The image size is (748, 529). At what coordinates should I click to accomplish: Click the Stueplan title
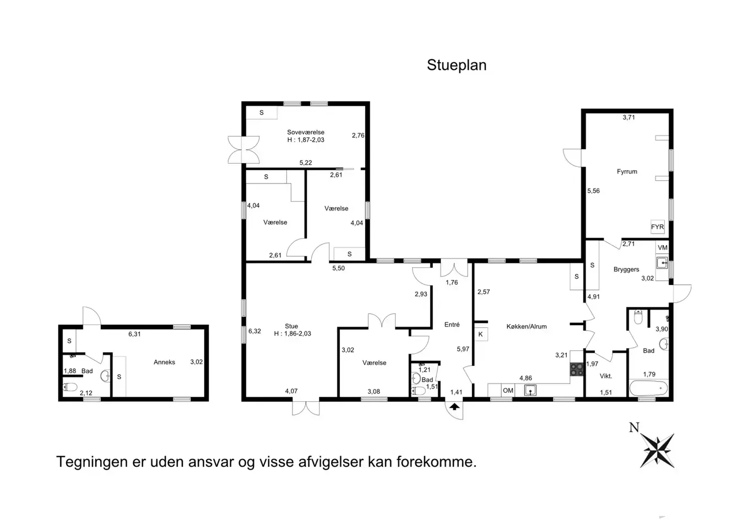pyautogui.click(x=457, y=65)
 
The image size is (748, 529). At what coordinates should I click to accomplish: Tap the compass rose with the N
pyautogui.click(x=657, y=449)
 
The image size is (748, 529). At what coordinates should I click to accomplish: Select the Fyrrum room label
pyautogui.click(x=627, y=171)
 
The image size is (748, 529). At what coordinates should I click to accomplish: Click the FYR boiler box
pyautogui.click(x=657, y=226)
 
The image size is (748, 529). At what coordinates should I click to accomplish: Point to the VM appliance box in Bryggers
pyautogui.click(x=662, y=248)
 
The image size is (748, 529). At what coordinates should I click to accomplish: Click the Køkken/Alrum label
pyautogui.click(x=526, y=326)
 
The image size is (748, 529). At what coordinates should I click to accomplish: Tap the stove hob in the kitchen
pyautogui.click(x=576, y=369)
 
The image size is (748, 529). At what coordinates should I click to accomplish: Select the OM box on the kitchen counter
pyautogui.click(x=508, y=390)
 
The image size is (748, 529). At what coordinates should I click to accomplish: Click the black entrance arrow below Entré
pyautogui.click(x=454, y=407)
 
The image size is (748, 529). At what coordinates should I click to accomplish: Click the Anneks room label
pyautogui.click(x=164, y=362)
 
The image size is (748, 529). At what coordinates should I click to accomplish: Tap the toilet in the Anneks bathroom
pyautogui.click(x=70, y=387)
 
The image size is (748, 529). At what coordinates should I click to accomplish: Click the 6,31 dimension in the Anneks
pyautogui.click(x=134, y=334)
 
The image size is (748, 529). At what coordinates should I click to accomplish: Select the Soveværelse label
pyautogui.click(x=306, y=132)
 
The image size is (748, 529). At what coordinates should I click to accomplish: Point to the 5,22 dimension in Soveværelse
pyautogui.click(x=306, y=163)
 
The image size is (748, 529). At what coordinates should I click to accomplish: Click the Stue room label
pyautogui.click(x=291, y=326)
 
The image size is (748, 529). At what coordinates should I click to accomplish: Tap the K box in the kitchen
pyautogui.click(x=480, y=334)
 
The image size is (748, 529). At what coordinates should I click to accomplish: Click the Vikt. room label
pyautogui.click(x=605, y=376)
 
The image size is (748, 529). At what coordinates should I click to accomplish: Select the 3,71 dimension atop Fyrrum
pyautogui.click(x=628, y=117)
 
